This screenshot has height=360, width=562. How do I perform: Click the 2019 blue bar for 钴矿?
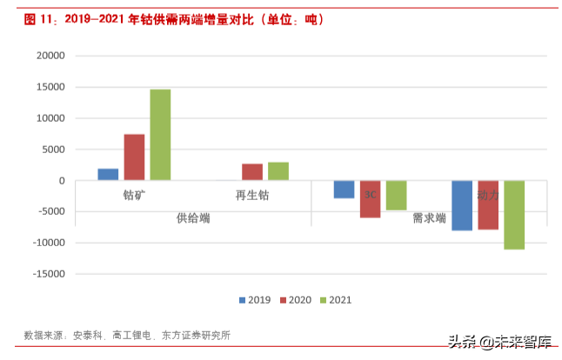pyautogui.click(x=108, y=175)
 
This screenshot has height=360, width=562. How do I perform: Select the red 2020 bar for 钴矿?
pyautogui.click(x=134, y=157)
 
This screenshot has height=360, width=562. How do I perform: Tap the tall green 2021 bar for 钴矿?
pyautogui.click(x=160, y=135)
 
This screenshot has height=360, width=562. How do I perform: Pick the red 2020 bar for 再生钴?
pyautogui.click(x=252, y=172)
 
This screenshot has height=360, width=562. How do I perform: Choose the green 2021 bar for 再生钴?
pyautogui.click(x=278, y=171)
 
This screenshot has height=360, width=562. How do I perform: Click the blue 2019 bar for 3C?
pyautogui.click(x=345, y=190)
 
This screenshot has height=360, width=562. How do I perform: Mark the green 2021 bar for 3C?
pyautogui.click(x=397, y=196)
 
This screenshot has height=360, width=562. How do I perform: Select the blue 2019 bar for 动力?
pyautogui.click(x=462, y=205)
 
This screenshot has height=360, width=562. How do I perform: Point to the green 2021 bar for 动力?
pyautogui.click(x=514, y=215)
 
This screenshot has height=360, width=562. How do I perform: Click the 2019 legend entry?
pyautogui.click(x=255, y=300)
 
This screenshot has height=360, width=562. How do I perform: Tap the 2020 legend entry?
pyautogui.click(x=295, y=300)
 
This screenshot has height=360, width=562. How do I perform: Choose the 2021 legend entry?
pyautogui.click(x=335, y=300)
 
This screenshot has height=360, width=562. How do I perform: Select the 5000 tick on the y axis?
pyautogui.click(x=53, y=150)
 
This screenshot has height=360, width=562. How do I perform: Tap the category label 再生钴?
pyautogui.click(x=252, y=196)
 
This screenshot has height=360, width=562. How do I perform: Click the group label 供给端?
pyautogui.click(x=193, y=217)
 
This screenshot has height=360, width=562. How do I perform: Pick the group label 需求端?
pyautogui.click(x=429, y=217)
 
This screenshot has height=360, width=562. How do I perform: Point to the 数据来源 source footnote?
pyautogui.click(x=127, y=335)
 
